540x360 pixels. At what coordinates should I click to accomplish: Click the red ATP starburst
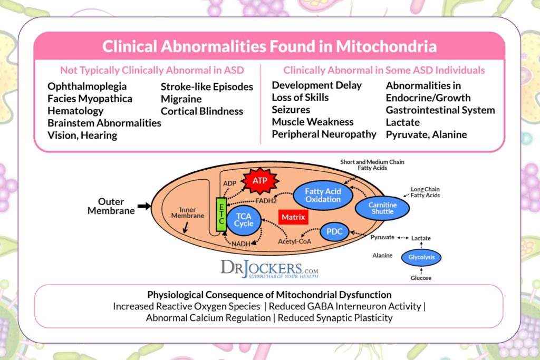point(259,181)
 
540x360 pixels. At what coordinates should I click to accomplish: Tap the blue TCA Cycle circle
point(244,220)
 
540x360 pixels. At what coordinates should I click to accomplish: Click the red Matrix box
point(293,217)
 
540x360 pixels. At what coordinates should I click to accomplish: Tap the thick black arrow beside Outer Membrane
point(143,206)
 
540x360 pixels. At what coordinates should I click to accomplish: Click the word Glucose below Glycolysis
point(421,278)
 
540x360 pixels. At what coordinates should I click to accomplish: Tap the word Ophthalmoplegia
point(87,86)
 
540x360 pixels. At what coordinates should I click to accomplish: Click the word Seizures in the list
point(291,110)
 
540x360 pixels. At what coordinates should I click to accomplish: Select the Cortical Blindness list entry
point(202,111)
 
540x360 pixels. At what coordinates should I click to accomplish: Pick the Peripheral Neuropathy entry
point(324,134)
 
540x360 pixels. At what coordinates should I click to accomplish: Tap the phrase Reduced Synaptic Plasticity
point(335,318)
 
